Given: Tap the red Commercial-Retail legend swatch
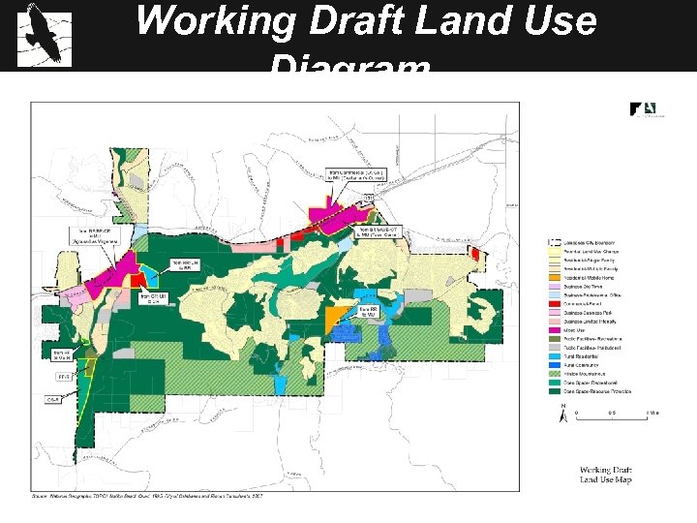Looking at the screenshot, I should [x=555, y=303].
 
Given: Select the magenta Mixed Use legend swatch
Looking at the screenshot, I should [x=555, y=329].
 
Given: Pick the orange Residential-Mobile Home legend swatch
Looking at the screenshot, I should [x=555, y=277].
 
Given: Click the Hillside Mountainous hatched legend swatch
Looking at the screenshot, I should [x=555, y=373].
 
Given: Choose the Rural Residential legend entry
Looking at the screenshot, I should [x=591, y=355].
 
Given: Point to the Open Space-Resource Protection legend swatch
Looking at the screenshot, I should [x=555, y=391].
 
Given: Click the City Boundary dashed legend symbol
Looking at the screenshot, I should [x=555, y=242].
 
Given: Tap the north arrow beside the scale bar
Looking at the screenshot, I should [x=564, y=415].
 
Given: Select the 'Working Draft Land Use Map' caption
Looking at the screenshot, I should [x=606, y=475].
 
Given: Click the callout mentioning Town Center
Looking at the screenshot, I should [x=379, y=231].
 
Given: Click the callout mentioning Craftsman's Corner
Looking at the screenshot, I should [x=361, y=175].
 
